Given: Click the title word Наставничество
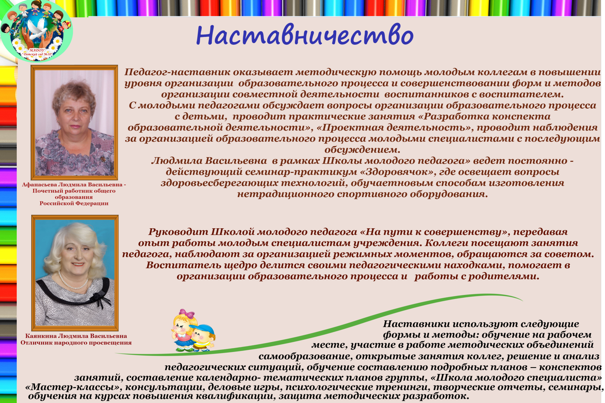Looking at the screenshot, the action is (x=304, y=35).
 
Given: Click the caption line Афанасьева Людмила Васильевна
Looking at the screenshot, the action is (x=72, y=185).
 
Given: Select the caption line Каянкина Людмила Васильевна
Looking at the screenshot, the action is (x=76, y=336).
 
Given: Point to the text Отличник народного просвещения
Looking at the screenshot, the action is (x=76, y=343).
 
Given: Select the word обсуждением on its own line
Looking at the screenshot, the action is (x=362, y=150).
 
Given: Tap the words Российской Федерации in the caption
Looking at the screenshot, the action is (x=74, y=203).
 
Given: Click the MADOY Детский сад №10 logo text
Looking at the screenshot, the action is (x=37, y=52).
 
